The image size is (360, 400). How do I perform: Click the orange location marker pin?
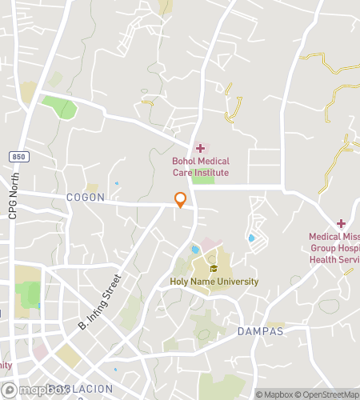click(181, 200)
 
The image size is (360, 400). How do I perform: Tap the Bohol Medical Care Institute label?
click(200, 166)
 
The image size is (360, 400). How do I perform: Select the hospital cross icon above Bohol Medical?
click(200, 148)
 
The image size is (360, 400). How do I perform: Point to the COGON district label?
click(86, 197)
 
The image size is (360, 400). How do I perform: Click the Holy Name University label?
click(214, 282)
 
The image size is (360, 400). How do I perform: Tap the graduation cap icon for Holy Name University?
click(214, 269)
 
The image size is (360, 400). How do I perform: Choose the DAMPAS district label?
click(261, 330)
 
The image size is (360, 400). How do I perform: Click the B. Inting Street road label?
click(99, 303)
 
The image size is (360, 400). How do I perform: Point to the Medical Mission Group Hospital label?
click(336, 247)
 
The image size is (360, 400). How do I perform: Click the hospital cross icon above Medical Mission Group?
click(341, 224)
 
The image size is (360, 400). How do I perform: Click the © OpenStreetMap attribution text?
click(328, 394)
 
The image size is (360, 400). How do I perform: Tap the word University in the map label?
click(238, 282)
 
